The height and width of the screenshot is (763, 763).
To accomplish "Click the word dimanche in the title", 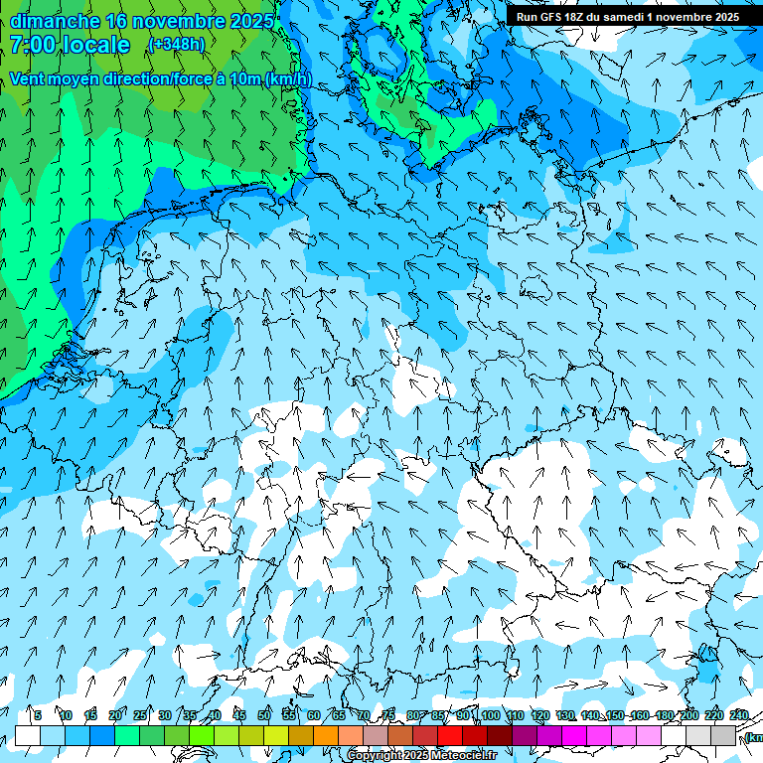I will (x=55, y=21).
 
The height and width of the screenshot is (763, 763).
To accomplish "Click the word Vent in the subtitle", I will (x=29, y=78).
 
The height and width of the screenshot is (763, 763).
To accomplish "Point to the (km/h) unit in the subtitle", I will (x=288, y=78).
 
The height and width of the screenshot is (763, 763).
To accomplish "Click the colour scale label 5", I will (x=38, y=715).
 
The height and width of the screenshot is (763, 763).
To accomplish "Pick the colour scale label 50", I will (x=264, y=715).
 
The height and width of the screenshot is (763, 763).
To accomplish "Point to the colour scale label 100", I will (x=491, y=715).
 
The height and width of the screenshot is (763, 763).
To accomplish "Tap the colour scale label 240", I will (x=739, y=715).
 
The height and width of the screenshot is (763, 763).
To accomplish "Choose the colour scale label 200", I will (x=688, y=715).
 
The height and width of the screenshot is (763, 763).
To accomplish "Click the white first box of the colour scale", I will (x=27, y=736).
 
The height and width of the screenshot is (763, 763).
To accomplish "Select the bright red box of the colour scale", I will (x=450, y=736).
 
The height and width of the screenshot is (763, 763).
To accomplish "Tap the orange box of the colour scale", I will (x=326, y=736).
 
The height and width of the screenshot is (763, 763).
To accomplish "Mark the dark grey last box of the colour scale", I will (x=723, y=736).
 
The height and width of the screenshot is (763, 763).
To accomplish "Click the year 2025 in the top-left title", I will (x=242, y=21).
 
